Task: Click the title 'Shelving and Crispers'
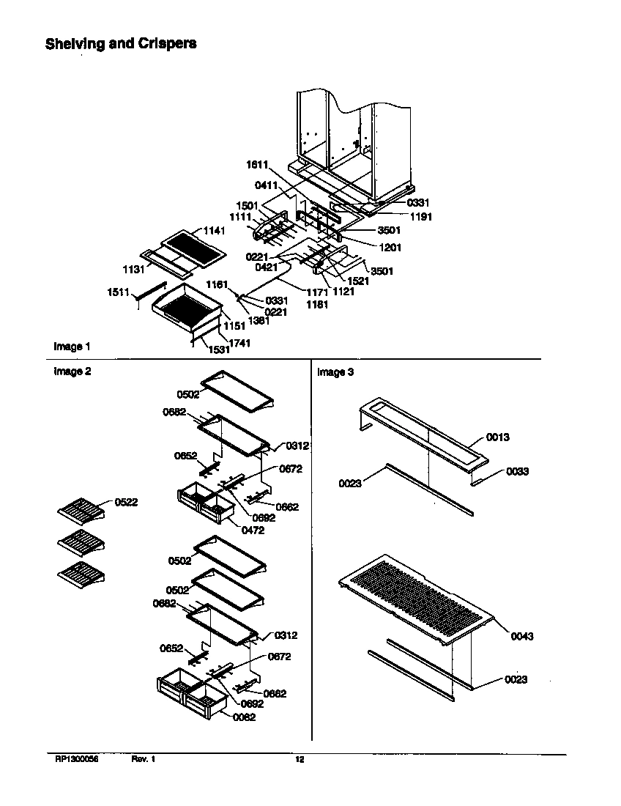point(121,43)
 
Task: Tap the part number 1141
point(215,230)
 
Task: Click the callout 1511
point(119,293)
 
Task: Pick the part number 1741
point(239,343)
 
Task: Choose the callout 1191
point(399,217)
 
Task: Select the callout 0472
point(253,530)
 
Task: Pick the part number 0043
point(521,636)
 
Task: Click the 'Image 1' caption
point(72,346)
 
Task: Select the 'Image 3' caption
point(335,372)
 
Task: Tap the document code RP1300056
point(76,760)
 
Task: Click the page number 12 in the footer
point(300,760)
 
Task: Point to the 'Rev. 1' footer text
point(144,760)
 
